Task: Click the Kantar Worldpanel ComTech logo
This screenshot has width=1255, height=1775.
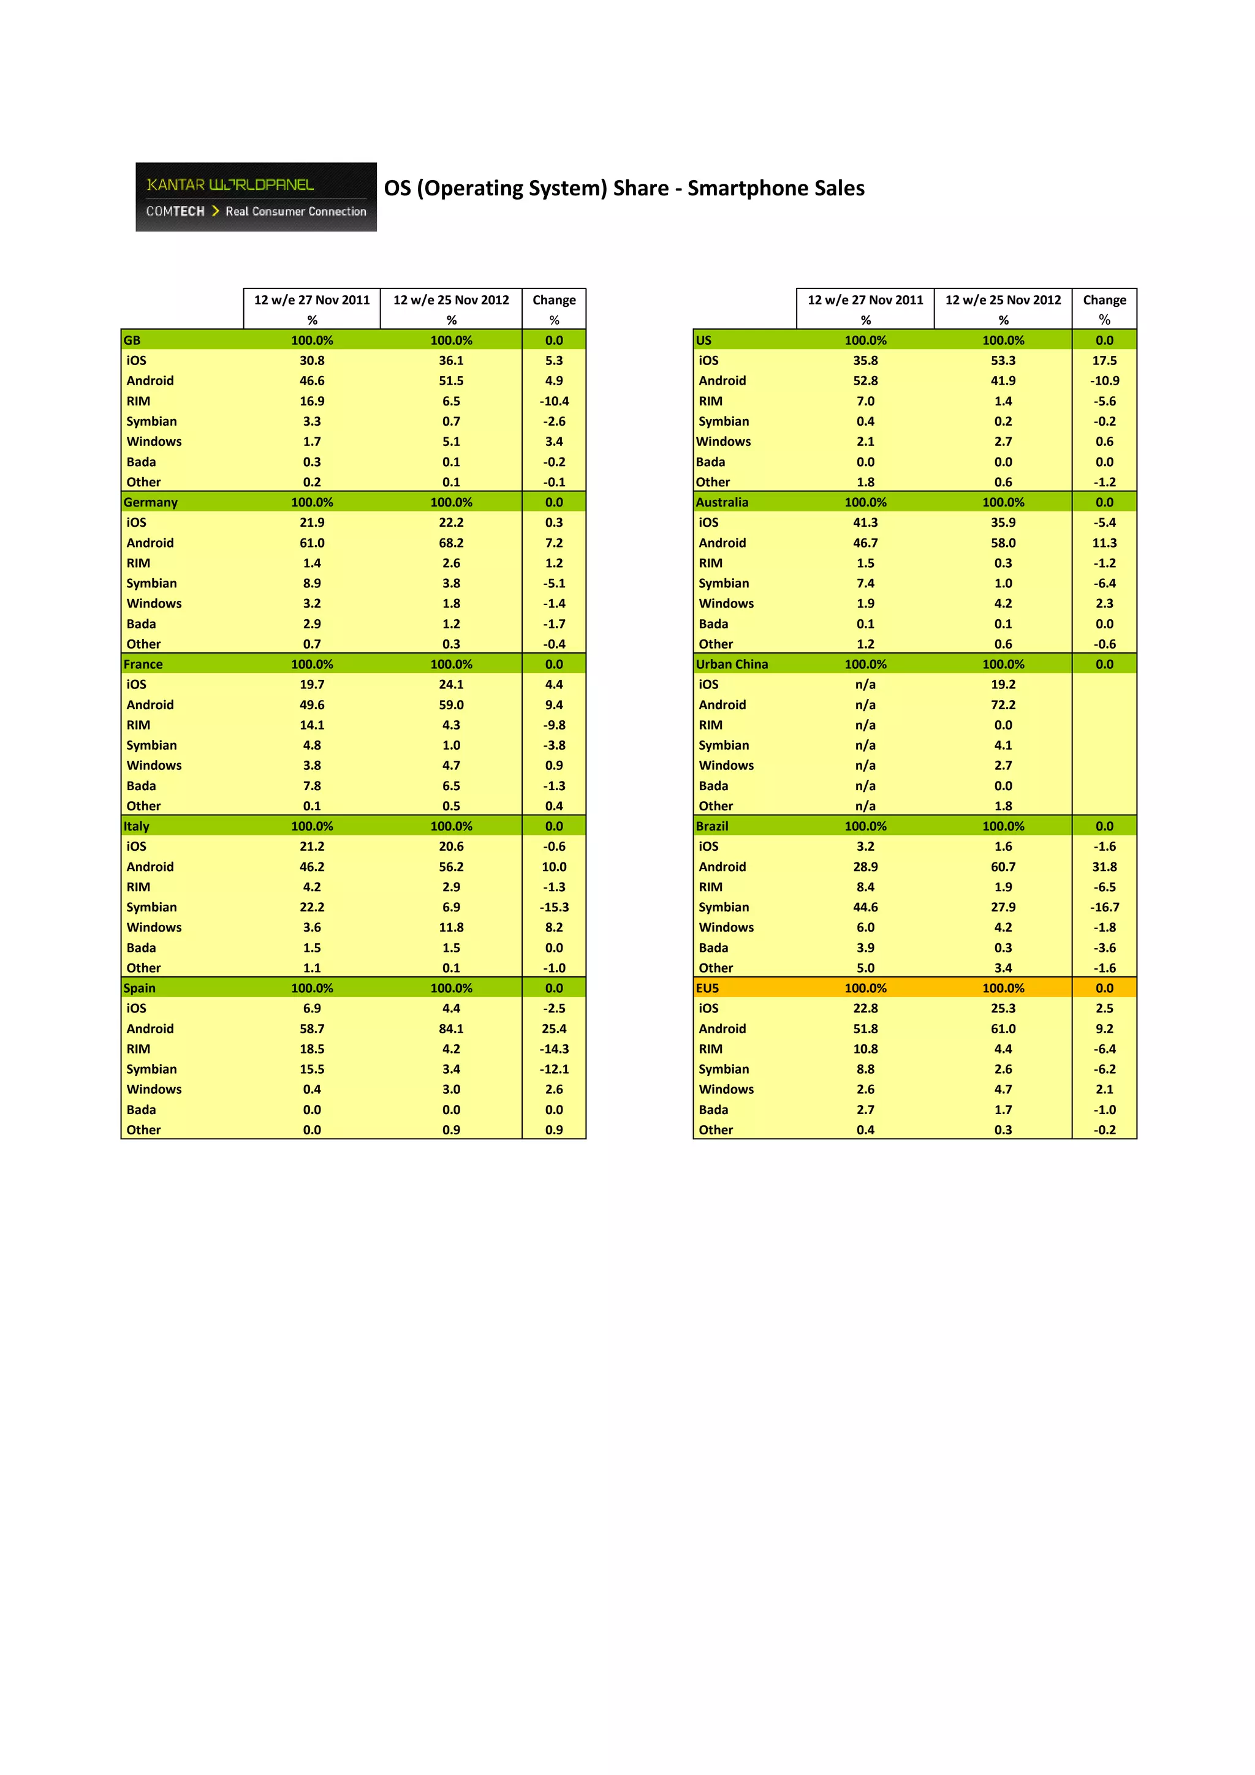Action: pos(256,197)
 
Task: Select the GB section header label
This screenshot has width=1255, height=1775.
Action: pos(132,340)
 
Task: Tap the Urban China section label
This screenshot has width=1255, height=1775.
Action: pos(732,664)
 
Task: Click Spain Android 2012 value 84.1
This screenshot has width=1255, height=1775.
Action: pos(451,1028)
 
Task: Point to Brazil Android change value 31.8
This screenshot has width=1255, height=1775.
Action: pos(1104,867)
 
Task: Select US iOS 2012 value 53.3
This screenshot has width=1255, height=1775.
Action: pos(1003,360)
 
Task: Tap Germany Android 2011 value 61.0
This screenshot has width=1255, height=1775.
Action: pos(312,543)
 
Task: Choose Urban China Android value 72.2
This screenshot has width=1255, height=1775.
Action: pos(1003,704)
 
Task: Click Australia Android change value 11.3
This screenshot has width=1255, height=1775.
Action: pos(1104,543)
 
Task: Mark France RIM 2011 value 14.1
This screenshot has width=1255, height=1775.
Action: pos(312,725)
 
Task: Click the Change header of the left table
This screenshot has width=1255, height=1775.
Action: pos(553,300)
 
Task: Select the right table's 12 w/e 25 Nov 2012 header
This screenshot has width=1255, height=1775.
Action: pos(1003,300)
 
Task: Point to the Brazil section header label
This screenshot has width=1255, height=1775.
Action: pos(711,826)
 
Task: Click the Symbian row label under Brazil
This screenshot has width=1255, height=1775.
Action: pos(724,907)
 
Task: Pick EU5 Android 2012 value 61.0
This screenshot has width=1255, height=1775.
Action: pos(1003,1028)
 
